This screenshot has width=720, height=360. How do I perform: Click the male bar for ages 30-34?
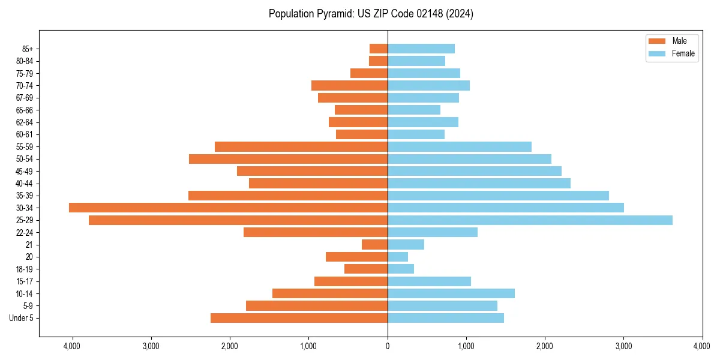[x=228, y=208]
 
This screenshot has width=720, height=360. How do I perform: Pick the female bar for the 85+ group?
[x=421, y=49]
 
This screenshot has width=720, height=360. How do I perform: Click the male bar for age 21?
[x=374, y=245]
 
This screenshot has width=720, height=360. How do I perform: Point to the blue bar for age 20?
[x=397, y=257]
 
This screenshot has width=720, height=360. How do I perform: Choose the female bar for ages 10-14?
[x=451, y=293]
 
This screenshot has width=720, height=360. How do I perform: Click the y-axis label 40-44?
[x=25, y=184]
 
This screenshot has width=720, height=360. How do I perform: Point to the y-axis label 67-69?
[x=25, y=98]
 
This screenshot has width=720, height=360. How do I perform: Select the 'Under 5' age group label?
[x=22, y=318]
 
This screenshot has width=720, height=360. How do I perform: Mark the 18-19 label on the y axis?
[x=25, y=269]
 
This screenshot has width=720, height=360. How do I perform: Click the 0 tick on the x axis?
[x=388, y=346]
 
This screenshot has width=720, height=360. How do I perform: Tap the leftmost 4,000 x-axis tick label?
[x=72, y=346]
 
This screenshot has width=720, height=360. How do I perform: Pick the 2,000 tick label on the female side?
[x=545, y=346]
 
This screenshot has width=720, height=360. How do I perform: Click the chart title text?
[x=371, y=14]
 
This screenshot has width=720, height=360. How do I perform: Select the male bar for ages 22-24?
[x=316, y=232]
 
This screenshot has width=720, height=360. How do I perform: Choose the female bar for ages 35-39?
[x=498, y=196]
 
